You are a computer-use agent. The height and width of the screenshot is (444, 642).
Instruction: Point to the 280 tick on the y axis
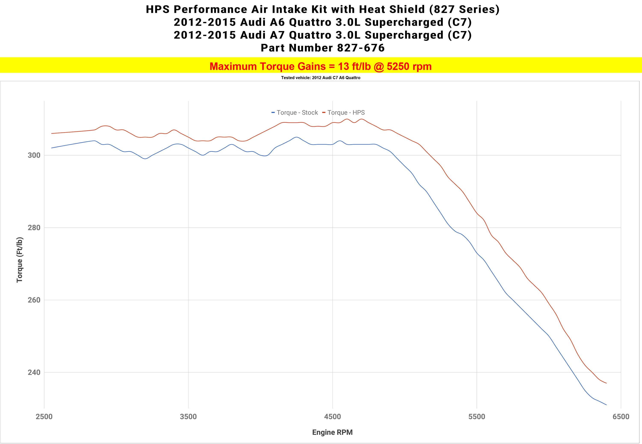pyautogui.click(x=34, y=228)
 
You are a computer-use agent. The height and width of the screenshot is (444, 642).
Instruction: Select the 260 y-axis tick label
pyautogui.click(x=34, y=300)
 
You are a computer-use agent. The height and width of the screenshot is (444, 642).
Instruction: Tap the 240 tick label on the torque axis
pyautogui.click(x=34, y=372)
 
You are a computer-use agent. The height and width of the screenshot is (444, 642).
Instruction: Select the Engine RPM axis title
pyautogui.click(x=332, y=432)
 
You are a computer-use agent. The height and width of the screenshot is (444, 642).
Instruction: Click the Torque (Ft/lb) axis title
pyautogui.click(x=19, y=260)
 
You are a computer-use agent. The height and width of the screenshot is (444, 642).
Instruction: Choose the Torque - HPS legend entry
pyautogui.click(x=344, y=113)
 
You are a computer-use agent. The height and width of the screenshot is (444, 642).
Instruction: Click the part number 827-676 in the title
pyautogui.click(x=361, y=48)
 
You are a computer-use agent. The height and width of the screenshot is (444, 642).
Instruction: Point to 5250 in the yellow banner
pyautogui.click(x=398, y=67)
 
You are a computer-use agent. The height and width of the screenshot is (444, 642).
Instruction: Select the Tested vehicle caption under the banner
pyautogui.click(x=320, y=78)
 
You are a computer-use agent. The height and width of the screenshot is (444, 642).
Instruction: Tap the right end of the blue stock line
pyautogui.click(x=606, y=405)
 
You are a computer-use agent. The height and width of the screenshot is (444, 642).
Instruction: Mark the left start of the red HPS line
pyautogui.click(x=52, y=134)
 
